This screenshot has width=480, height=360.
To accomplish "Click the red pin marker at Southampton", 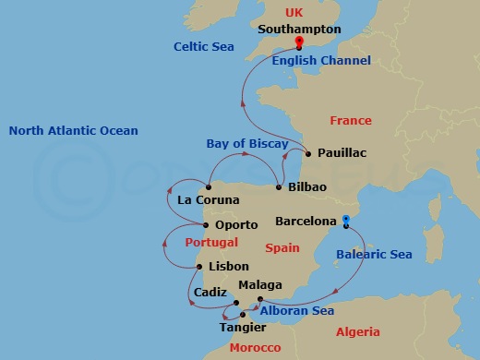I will pos(299,42).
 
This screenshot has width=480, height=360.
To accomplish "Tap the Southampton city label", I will pos(299,29).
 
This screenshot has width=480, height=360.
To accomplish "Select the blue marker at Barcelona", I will pos(345,220).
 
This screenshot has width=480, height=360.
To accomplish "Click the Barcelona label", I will pos(306,222).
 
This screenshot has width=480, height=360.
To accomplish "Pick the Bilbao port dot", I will pos(279,187).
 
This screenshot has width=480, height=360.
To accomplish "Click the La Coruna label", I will pos(209,200).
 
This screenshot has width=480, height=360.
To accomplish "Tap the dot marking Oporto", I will pos(206,224).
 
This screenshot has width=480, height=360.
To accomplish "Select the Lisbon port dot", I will pos(199,268).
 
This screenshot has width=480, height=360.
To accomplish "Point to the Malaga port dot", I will pos(259,299).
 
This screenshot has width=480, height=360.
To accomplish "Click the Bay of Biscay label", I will pos(241,143).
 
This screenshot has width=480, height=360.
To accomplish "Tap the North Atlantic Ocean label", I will pos(74,130).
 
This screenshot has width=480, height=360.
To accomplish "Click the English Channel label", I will pos(321,61).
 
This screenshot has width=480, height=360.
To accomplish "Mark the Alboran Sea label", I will pos(296,311).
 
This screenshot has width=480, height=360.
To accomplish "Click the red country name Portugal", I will pos(211,243).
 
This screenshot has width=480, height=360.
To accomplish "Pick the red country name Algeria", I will pos(358,331).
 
